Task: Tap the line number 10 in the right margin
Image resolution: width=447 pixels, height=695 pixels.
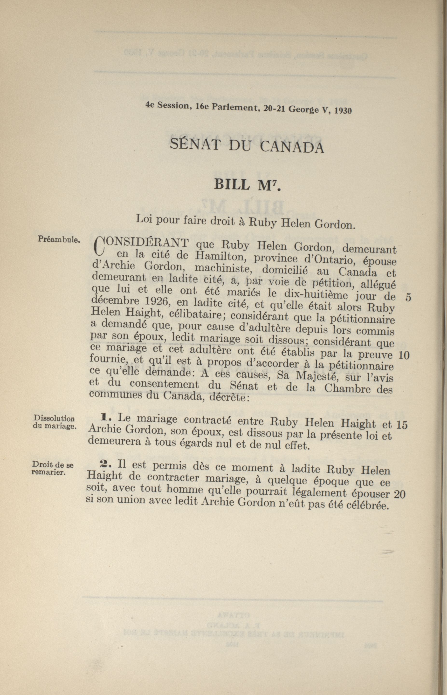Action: click(404, 355)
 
